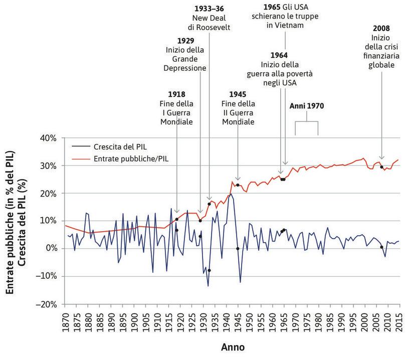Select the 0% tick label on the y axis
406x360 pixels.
pos(52,249)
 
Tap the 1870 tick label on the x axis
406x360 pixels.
pos(65,322)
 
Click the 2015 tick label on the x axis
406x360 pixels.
pos(399,322)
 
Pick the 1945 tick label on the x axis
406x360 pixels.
pos(238,322)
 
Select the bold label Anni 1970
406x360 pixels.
pos(307,107)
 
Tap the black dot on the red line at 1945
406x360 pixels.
pos(238,185)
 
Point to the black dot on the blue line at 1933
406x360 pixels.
pos(209,270)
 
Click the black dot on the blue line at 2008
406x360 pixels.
pos(381,247)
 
